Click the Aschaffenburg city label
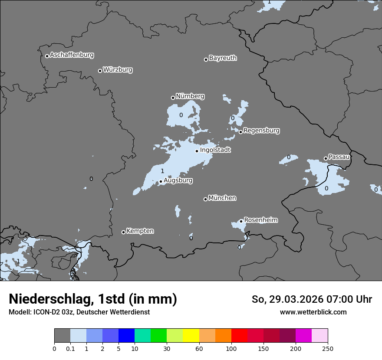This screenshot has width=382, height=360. pyautogui.click(x=72, y=55)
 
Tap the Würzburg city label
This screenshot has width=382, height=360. pyautogui.click(x=118, y=70)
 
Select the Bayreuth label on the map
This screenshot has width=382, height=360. pyautogui.click(x=223, y=58)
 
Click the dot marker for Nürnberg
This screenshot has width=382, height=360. pyautogui.click(x=173, y=98)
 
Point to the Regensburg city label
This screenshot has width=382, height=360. pyautogui.click(x=261, y=131)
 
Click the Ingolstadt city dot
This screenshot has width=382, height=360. pyautogui.click(x=197, y=151)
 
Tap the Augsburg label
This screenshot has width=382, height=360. pyautogui.click(x=178, y=180)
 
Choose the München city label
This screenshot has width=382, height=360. pyautogui.click(x=222, y=198)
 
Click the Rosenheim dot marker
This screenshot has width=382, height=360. pyautogui.click(x=241, y=221)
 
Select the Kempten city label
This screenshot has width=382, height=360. pyautogui.click(x=140, y=231)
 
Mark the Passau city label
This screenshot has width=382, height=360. pyautogui.click(x=339, y=157)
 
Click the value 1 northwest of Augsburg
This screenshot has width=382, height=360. pyautogui.click(x=162, y=171)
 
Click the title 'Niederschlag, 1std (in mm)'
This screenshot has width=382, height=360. pyautogui.click(x=93, y=299)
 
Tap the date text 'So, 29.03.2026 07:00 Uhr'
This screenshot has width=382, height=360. pyautogui.click(x=312, y=299)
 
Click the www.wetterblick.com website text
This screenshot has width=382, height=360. pyautogui.click(x=313, y=312)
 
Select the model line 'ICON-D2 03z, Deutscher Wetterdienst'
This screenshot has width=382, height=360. pyautogui.click(x=79, y=312)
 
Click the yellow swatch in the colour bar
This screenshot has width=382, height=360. pyautogui.click(x=191, y=336)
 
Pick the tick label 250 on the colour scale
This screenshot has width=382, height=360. pyautogui.click(x=328, y=348)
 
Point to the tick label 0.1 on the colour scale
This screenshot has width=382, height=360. pyautogui.click(x=70, y=348)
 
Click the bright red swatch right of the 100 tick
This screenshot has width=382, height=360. pyautogui.click(x=239, y=336)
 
